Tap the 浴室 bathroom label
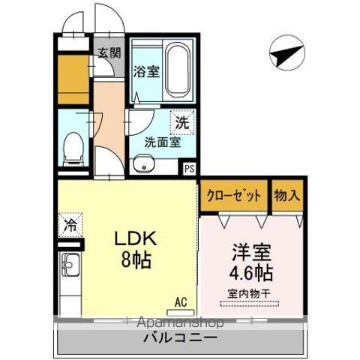coord(146,72)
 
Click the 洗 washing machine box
coord(182,120)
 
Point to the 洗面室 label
coord(162,142)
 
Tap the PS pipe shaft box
coord(190,169)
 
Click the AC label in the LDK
coord(180,301)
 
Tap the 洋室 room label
coord(251,250)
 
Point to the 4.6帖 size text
coord(251,270)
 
